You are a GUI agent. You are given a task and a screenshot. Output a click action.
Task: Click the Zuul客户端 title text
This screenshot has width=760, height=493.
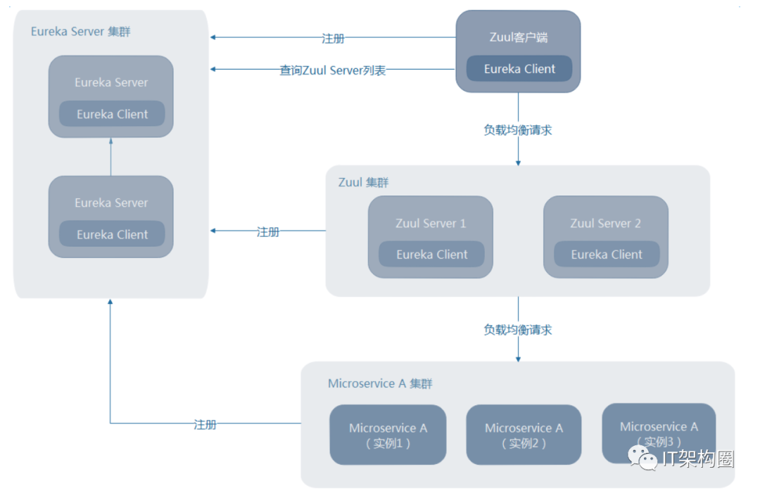coord(518,37)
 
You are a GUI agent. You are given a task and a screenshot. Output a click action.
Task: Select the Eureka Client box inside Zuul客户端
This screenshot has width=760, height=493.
coord(519,69)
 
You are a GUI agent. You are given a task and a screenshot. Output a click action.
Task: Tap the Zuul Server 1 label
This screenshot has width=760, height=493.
coord(431,223)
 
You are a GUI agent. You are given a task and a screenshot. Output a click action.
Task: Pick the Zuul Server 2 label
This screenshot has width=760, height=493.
coord(605,223)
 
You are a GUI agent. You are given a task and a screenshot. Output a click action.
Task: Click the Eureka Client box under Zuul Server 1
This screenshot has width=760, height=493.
coord(431,255)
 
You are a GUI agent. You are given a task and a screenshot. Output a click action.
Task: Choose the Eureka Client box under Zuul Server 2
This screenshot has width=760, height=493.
coord(607,255)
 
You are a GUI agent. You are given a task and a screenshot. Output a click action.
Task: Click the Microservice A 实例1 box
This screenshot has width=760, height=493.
coord(388,435)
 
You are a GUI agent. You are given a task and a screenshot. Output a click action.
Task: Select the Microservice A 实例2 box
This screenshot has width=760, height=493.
coord(524,435)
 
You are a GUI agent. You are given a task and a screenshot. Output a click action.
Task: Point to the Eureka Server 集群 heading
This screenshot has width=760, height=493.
coord(80,32)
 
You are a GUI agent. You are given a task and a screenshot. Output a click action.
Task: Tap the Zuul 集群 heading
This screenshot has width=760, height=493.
coord(364,183)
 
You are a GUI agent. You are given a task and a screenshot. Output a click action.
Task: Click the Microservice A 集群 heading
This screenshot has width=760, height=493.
coord(380,383)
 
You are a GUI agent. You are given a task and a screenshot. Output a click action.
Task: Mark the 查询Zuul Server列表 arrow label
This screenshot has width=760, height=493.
coord(332,70)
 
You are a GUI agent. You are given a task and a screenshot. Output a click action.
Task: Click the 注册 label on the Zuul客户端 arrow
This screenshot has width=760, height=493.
coord(333,38)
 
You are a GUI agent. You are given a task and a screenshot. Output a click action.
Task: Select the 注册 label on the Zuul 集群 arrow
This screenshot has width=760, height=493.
coord(267,232)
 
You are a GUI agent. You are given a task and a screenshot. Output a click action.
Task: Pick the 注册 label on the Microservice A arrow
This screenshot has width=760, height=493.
coord(205,425)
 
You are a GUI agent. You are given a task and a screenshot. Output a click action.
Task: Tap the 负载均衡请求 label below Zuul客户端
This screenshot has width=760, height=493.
coord(518,130)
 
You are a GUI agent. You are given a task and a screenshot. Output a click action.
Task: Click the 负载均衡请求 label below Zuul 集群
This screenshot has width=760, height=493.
coord(518,330)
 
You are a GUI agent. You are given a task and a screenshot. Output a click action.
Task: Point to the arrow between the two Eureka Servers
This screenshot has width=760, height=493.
coord(111,157)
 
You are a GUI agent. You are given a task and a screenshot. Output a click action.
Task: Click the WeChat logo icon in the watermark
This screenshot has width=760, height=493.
coord(642,458)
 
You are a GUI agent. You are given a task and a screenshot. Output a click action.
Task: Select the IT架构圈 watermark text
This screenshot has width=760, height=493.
coord(698,459)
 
